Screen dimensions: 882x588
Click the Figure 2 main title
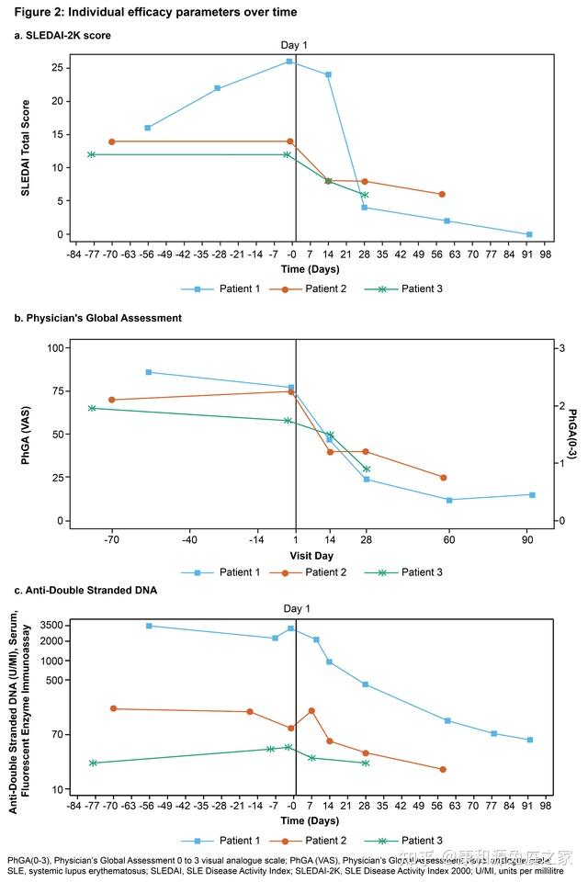[154, 12]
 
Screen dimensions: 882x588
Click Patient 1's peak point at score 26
[289, 62]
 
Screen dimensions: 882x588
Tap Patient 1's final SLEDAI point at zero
[529, 234]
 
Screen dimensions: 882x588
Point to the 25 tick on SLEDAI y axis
[58, 68]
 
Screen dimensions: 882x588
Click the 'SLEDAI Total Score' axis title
[26, 147]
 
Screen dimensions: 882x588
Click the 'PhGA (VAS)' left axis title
[26, 435]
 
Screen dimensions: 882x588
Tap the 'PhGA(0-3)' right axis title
[572, 435]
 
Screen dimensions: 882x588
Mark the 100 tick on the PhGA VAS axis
[54, 348]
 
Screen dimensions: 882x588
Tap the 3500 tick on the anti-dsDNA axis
[51, 625]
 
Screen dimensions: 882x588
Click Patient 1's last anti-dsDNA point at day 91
[529, 740]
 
